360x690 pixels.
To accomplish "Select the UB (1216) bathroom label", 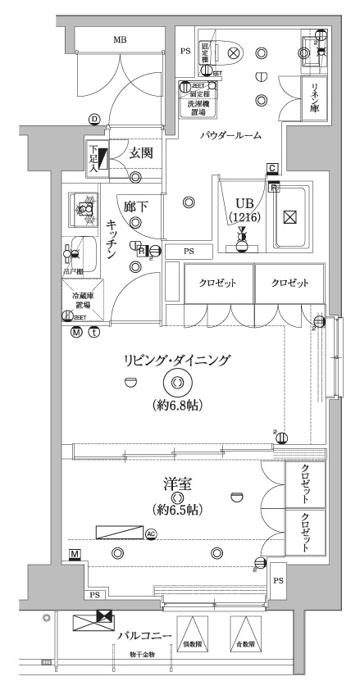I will pos(244,210).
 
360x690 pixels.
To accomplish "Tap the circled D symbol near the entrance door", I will pos(95,120).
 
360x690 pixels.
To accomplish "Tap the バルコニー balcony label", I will pos(144,635).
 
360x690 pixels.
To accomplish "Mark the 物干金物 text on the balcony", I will pos(144,654).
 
